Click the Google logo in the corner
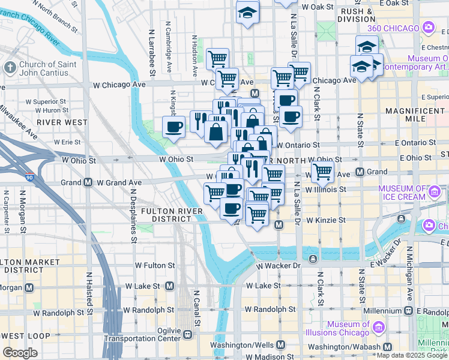tap(20, 353)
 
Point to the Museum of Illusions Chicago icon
tap(379, 328)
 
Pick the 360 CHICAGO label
tap(393, 28)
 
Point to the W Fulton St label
tap(154, 265)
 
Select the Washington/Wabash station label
tap(348, 347)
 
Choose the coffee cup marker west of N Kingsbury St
tap(174, 127)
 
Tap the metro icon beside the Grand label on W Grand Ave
tap(88, 182)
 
